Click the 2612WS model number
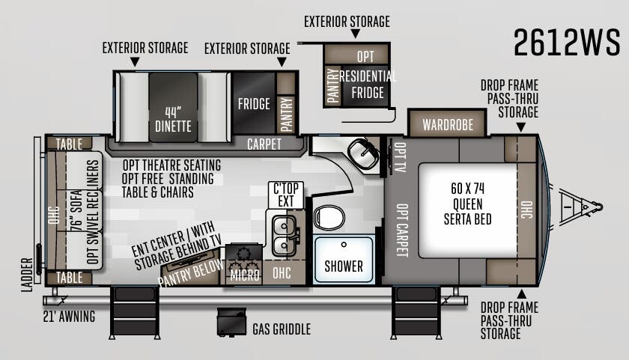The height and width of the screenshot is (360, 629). tap(566, 42)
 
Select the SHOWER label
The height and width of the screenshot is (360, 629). tap(344, 266)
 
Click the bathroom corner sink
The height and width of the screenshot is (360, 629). tap(362, 153)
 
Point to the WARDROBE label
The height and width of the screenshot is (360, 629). tap(448, 125)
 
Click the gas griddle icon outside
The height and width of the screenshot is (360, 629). tap(231, 322)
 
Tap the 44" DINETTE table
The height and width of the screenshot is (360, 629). tap(173, 108)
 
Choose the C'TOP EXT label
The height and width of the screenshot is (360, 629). tap(286, 195)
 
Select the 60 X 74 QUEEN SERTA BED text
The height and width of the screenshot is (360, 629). tap(468, 204)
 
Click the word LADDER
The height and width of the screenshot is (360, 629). tap(27, 275)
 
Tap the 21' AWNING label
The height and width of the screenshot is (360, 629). tap(70, 317)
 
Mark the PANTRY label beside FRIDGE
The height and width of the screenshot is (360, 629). tap(286, 115)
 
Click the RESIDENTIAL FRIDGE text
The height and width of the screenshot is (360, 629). tap(368, 84)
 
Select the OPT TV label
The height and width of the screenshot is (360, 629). tap(400, 157)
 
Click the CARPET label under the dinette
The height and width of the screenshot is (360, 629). tap(264, 144)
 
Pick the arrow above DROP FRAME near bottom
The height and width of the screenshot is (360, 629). tap(521, 294)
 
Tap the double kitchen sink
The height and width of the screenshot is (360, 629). tap(285, 236)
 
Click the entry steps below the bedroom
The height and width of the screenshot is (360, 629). tap(416, 313)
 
